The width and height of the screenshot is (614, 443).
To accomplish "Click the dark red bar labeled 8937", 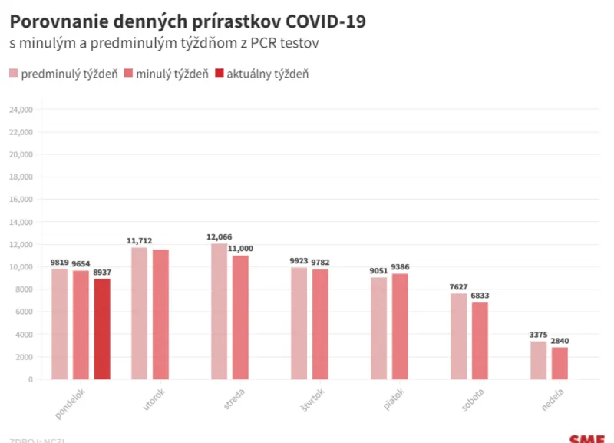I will [102, 329].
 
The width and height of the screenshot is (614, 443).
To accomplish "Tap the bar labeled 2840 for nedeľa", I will [560, 363].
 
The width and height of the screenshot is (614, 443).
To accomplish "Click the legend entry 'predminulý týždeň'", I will [63, 74].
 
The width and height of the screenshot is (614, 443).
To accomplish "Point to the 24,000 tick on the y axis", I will [21, 110].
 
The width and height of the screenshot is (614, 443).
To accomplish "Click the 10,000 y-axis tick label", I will [21, 267].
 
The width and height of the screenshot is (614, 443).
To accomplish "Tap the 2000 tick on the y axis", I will [24, 357].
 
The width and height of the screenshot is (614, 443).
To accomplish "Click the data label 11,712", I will [140, 240].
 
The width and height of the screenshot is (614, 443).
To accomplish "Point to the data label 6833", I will [480, 296].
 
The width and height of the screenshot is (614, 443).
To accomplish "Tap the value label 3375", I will [538, 334].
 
